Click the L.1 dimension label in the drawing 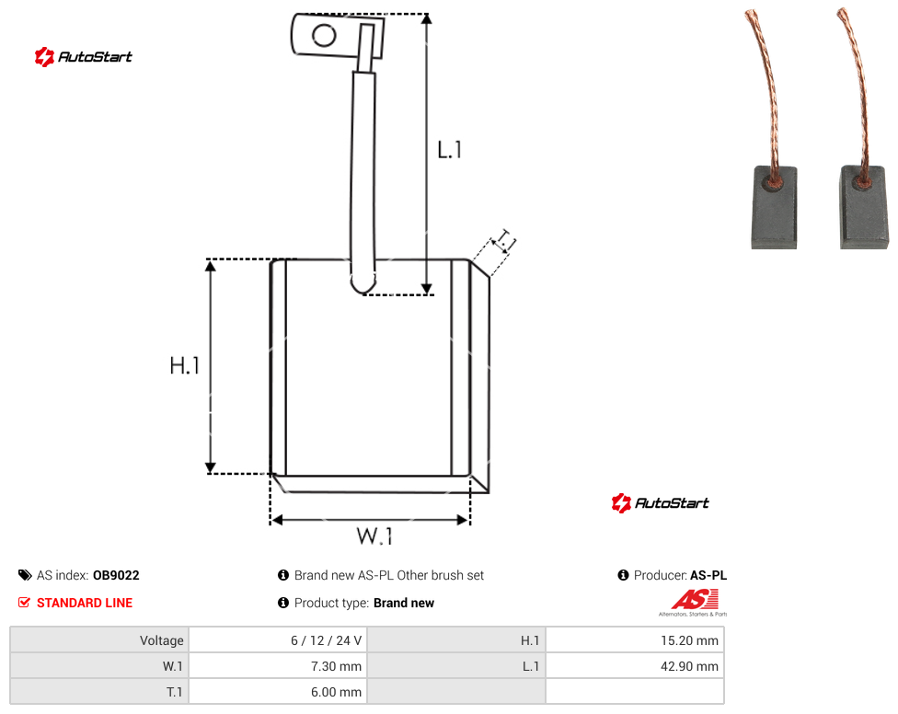[x=450, y=150]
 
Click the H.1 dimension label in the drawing [x=184, y=365]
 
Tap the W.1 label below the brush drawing [x=374, y=535]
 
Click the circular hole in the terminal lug [x=324, y=36]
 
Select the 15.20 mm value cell [x=635, y=640]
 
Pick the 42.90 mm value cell [x=635, y=666]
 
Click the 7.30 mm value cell [x=278, y=666]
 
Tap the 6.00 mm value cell [x=278, y=692]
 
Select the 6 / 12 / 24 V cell [x=278, y=640]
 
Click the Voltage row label [x=162, y=640]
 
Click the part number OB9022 [x=116, y=575]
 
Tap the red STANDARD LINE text [x=85, y=603]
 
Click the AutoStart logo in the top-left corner [x=83, y=57]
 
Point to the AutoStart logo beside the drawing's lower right [x=660, y=502]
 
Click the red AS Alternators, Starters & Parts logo [x=694, y=603]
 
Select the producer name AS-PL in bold [x=708, y=575]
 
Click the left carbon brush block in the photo [x=774, y=207]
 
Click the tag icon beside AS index [x=25, y=575]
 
